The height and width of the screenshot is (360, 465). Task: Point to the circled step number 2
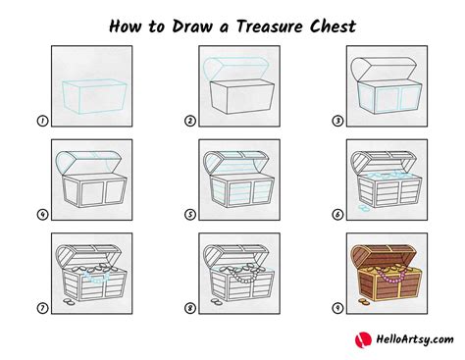click(x=188, y=121)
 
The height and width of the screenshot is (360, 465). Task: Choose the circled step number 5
click(x=188, y=213)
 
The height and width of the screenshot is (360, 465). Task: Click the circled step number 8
click(x=188, y=308)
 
